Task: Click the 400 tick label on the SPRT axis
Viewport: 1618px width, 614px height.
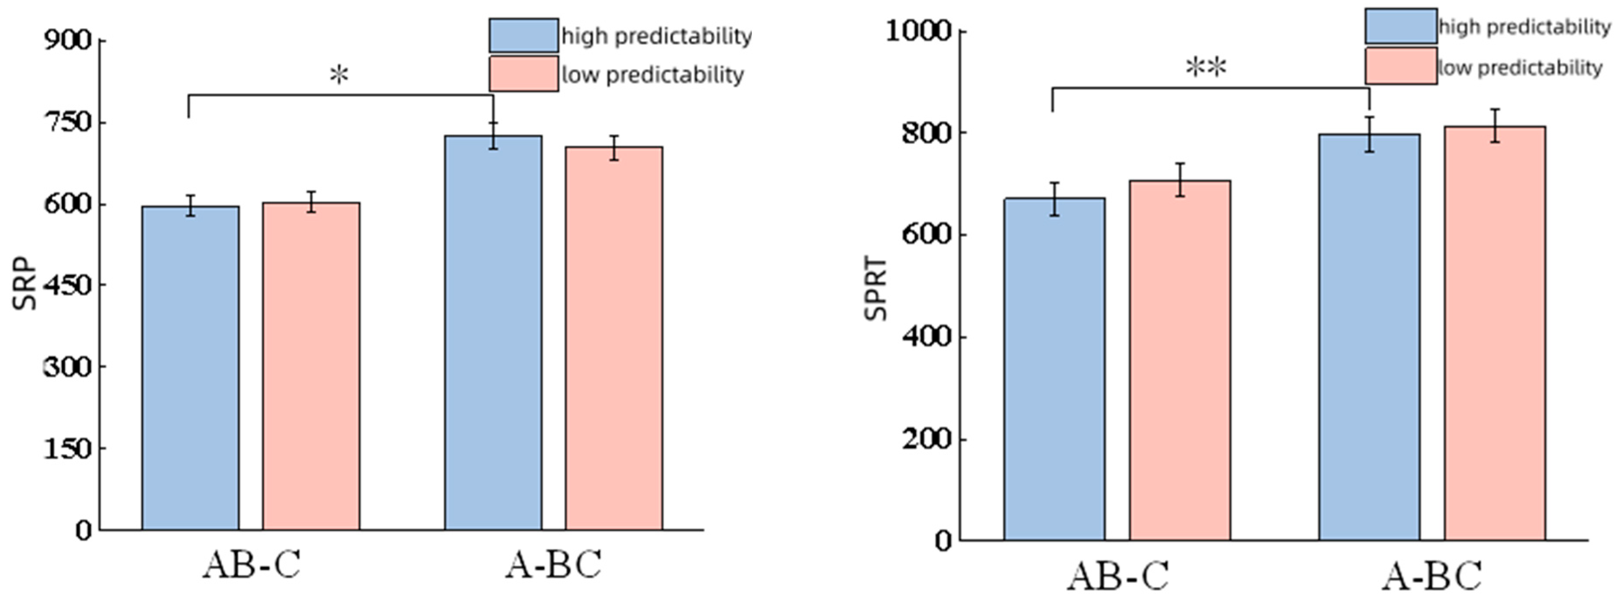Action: click(x=926, y=337)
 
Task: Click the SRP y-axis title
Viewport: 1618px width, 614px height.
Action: click(x=25, y=283)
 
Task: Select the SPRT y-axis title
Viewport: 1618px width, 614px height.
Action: click(x=876, y=288)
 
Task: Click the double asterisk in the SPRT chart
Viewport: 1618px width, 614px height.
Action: click(x=1205, y=68)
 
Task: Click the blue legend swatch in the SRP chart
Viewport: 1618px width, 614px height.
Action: click(x=523, y=35)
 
